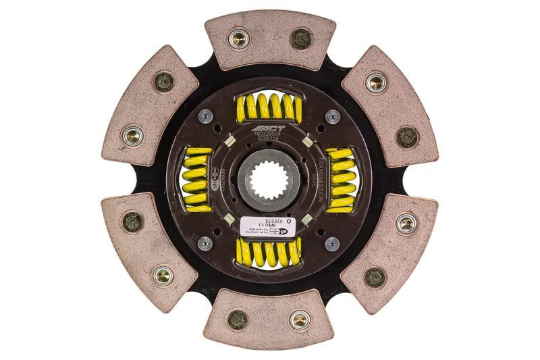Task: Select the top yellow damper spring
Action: click(x=268, y=107)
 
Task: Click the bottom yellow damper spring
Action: click(x=268, y=253)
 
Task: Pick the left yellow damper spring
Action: click(x=197, y=180)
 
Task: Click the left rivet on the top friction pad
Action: click(x=238, y=38)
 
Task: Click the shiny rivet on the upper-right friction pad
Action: click(x=377, y=83)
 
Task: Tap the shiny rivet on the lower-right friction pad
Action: click(x=406, y=223)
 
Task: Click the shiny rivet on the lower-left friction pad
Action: click(x=162, y=275)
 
